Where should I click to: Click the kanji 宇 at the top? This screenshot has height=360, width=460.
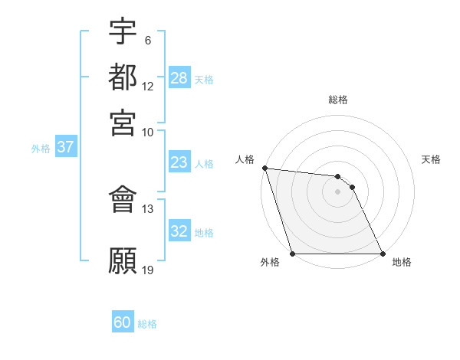[123, 31]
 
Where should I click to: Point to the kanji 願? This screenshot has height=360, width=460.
[123, 260]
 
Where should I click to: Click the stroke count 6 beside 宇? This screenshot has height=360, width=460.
[147, 41]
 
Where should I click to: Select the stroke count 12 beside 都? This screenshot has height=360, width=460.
[148, 87]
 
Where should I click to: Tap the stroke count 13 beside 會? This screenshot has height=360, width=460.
[148, 208]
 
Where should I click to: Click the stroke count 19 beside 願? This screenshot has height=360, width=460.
[148, 270]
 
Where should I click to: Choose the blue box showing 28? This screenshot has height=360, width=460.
[179, 78]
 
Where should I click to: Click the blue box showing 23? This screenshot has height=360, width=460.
[179, 162]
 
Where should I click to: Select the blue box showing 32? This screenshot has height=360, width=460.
[179, 231]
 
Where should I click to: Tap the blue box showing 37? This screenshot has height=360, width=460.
[65, 147]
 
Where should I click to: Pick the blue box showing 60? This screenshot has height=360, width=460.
[123, 323]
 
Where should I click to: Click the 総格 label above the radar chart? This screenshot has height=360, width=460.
[338, 100]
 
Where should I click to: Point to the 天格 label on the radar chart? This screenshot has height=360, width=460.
[432, 159]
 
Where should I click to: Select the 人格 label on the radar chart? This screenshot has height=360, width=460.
[245, 159]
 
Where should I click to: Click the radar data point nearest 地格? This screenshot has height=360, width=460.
[383, 254]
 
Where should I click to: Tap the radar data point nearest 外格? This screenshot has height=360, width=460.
[293, 254]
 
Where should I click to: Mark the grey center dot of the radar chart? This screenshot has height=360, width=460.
[338, 191]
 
